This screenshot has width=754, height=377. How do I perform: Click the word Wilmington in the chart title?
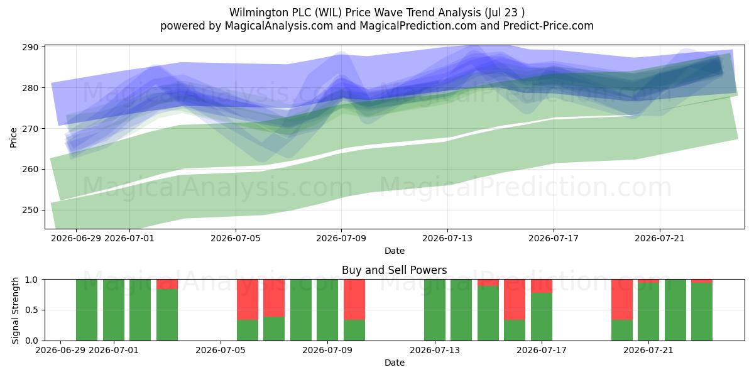click(257, 13)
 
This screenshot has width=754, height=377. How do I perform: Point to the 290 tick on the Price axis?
click(30, 47)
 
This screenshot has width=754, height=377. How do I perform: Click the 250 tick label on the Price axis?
click(30, 210)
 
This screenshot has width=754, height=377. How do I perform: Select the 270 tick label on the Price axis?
click(30, 129)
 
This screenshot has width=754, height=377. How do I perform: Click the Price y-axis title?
click(13, 138)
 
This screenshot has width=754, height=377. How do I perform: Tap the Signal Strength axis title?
click(15, 310)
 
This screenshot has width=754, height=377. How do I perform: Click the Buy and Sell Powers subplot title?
click(394, 270)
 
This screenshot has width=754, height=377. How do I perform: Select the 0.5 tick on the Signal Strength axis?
click(31, 310)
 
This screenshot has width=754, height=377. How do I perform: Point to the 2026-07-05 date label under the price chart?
click(236, 238)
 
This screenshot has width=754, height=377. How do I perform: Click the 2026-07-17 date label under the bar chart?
click(542, 350)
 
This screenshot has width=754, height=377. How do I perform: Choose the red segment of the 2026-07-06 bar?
click(248, 300)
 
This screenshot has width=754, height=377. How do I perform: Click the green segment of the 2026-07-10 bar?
click(354, 330)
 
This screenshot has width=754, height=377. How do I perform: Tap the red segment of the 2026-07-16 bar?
click(515, 300)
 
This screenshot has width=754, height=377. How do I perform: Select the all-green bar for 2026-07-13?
click(435, 310)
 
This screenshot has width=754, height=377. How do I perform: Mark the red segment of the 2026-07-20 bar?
click(622, 300)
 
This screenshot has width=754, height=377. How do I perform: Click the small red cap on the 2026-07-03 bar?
click(167, 284)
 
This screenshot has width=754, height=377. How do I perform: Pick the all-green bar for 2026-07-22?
click(675, 310)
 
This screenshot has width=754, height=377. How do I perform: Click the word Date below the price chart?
click(395, 251)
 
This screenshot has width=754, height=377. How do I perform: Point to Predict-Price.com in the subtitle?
click(549, 26)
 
